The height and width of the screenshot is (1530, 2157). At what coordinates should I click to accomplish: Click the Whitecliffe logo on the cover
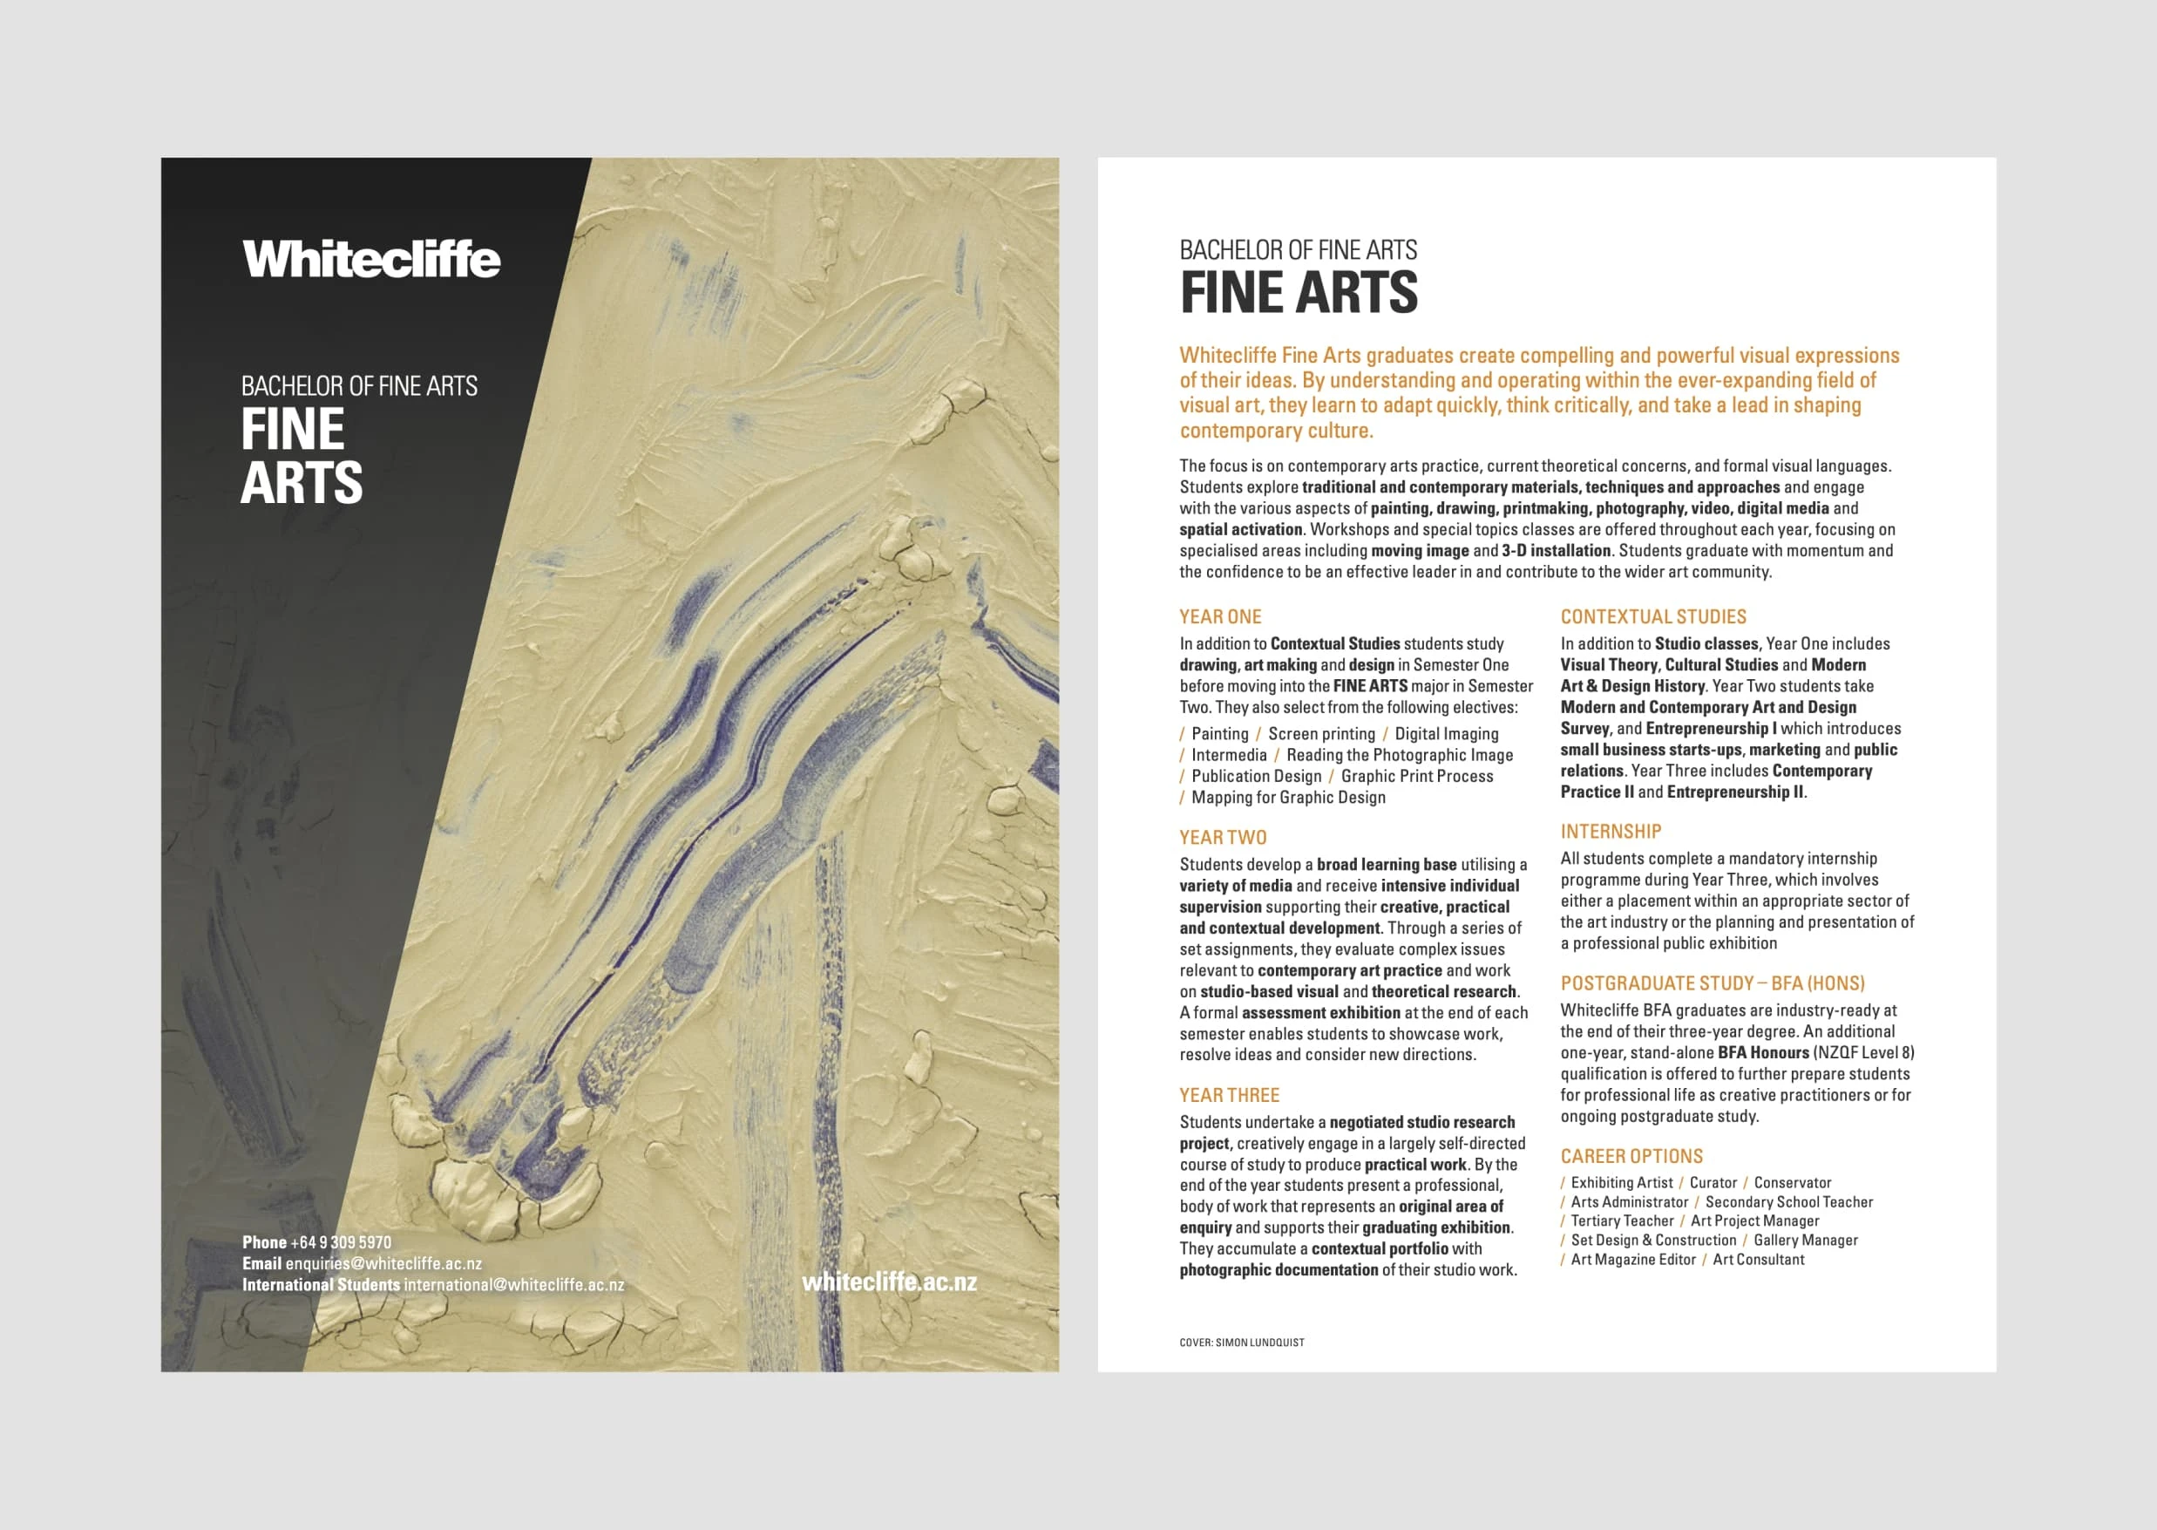[371, 259]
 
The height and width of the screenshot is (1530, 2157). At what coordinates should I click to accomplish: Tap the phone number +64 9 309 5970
[340, 1242]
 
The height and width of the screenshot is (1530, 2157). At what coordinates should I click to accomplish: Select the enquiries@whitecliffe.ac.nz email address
[383, 1263]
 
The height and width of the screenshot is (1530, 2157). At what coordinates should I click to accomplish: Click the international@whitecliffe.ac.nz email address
[513, 1285]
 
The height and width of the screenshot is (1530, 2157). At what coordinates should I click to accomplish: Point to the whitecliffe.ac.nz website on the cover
[889, 1282]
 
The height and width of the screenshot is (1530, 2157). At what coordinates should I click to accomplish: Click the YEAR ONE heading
[1220, 617]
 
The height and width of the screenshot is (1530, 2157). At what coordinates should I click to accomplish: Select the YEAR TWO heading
[1223, 838]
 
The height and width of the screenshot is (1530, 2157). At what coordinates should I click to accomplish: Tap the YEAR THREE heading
[1229, 1096]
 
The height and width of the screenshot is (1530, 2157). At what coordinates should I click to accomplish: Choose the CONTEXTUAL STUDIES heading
[1653, 617]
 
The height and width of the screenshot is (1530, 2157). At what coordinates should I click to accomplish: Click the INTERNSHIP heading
[1611, 832]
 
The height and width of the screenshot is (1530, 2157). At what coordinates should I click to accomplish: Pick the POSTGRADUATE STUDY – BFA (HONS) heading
[1713, 983]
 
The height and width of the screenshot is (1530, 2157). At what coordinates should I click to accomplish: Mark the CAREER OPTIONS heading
[1631, 1157]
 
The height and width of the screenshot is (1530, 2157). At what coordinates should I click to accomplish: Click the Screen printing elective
[1321, 734]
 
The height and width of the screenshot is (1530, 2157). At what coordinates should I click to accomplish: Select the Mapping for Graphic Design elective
[1287, 798]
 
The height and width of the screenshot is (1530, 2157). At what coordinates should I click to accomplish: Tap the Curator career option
[1713, 1183]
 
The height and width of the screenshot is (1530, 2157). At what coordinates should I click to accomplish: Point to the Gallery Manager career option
[1805, 1241]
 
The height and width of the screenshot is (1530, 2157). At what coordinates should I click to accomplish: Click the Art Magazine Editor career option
[1632, 1260]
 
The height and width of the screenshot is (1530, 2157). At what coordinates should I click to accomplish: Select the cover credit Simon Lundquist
[1259, 1343]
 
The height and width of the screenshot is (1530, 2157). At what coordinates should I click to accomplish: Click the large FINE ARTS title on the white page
[1299, 292]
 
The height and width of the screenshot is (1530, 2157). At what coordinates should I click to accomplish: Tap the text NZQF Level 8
[1864, 1053]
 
